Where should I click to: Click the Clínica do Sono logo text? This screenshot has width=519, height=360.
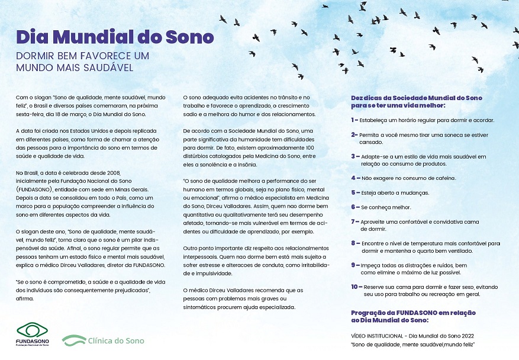click(115, 340)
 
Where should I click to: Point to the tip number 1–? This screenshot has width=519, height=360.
click(354, 120)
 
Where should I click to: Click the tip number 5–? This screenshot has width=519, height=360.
click(354, 192)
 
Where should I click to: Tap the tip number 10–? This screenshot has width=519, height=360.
click(356, 287)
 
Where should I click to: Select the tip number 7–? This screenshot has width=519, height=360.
click(354, 221)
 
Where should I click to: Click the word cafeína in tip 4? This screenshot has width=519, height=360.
click(443, 178)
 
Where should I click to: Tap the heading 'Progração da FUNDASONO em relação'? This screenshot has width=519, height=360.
click(414, 312)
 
